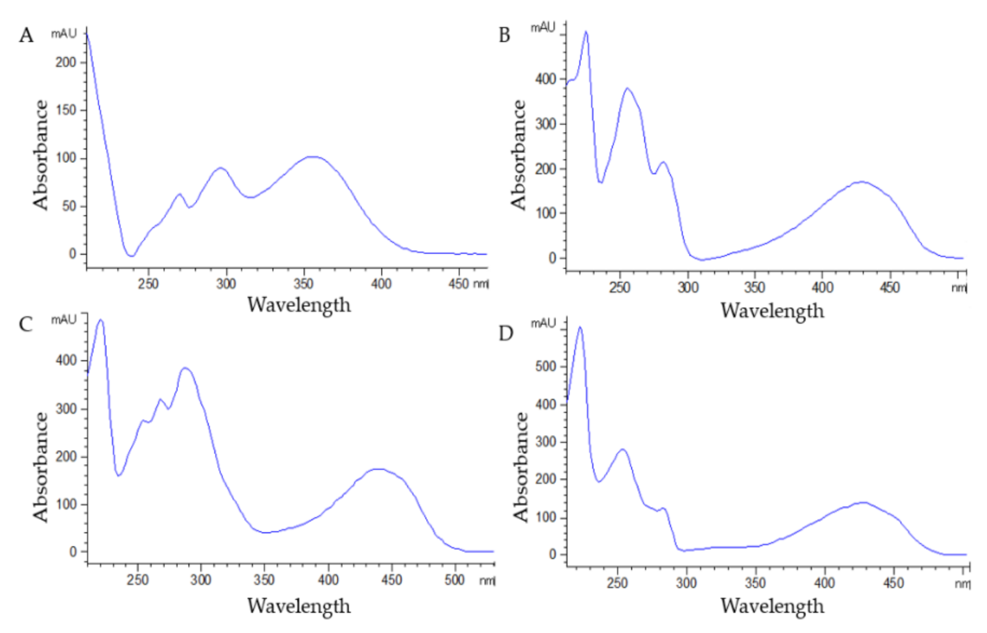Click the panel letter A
pyautogui.click(x=26, y=36)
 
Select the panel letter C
pyautogui.click(x=25, y=324)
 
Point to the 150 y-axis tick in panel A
pyautogui.click(x=66, y=110)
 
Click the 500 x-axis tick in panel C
pyautogui.click(x=454, y=580)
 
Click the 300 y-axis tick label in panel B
pyautogui.click(x=546, y=124)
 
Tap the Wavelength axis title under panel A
pyautogui.click(x=299, y=305)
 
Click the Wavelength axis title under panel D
pyautogui.click(x=772, y=606)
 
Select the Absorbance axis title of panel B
pyautogui.click(x=518, y=155)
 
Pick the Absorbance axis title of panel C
pyautogui.click(x=40, y=467)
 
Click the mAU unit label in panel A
pyautogui.click(x=64, y=34)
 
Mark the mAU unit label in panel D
pyautogui.click(x=543, y=323)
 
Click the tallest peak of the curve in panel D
pyautogui.click(x=580, y=327)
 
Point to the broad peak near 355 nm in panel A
pyautogui.click(x=313, y=157)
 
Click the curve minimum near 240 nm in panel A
pyautogui.click(x=131, y=256)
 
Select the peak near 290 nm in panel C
pyautogui.click(x=185, y=368)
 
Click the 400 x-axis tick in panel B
pyautogui.click(x=822, y=287)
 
